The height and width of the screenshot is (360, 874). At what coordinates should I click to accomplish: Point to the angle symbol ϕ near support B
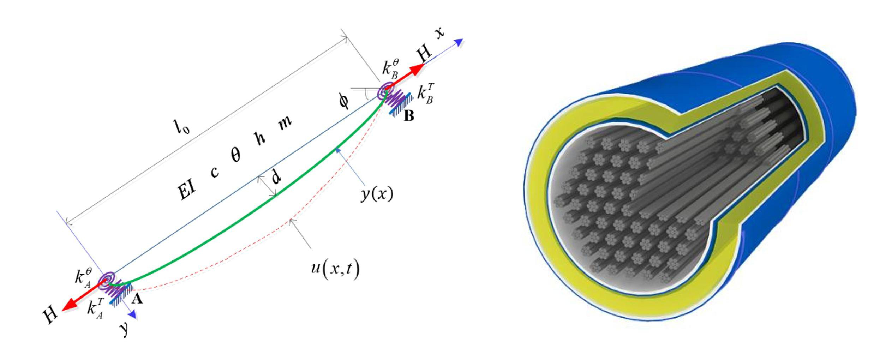pos(343,101)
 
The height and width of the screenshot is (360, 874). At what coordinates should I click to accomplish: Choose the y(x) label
pos(377,193)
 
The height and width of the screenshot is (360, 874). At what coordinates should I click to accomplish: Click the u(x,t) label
pos(335,269)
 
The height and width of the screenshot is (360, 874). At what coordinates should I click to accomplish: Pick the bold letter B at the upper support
pos(409,116)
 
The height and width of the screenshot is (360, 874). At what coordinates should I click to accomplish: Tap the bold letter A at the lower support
pos(137,299)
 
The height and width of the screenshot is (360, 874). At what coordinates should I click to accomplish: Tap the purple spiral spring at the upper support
pos(385,90)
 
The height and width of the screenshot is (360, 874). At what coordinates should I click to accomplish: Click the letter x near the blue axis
pos(439,34)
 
